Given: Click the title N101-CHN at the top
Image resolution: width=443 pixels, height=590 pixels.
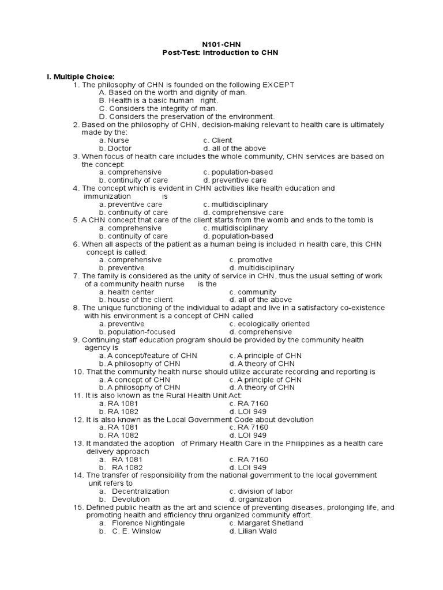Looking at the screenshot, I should pyautogui.click(x=221, y=44).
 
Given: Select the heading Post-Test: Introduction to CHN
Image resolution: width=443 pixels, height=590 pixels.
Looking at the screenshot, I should pyautogui.click(x=221, y=52).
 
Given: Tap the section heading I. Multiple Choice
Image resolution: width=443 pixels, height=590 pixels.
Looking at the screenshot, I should pyautogui.click(x=81, y=77).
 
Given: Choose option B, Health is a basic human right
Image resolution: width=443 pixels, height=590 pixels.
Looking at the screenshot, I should pyautogui.click(x=151, y=100).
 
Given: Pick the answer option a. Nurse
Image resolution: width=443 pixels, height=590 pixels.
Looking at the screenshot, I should pyautogui.click(x=114, y=140).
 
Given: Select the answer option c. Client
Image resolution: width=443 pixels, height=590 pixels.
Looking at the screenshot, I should pyautogui.click(x=217, y=140).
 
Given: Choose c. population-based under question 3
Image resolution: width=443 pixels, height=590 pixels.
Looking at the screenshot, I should pyautogui.click(x=238, y=172).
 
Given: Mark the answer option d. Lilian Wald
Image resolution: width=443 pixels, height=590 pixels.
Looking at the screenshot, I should pyautogui.click(x=253, y=531).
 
